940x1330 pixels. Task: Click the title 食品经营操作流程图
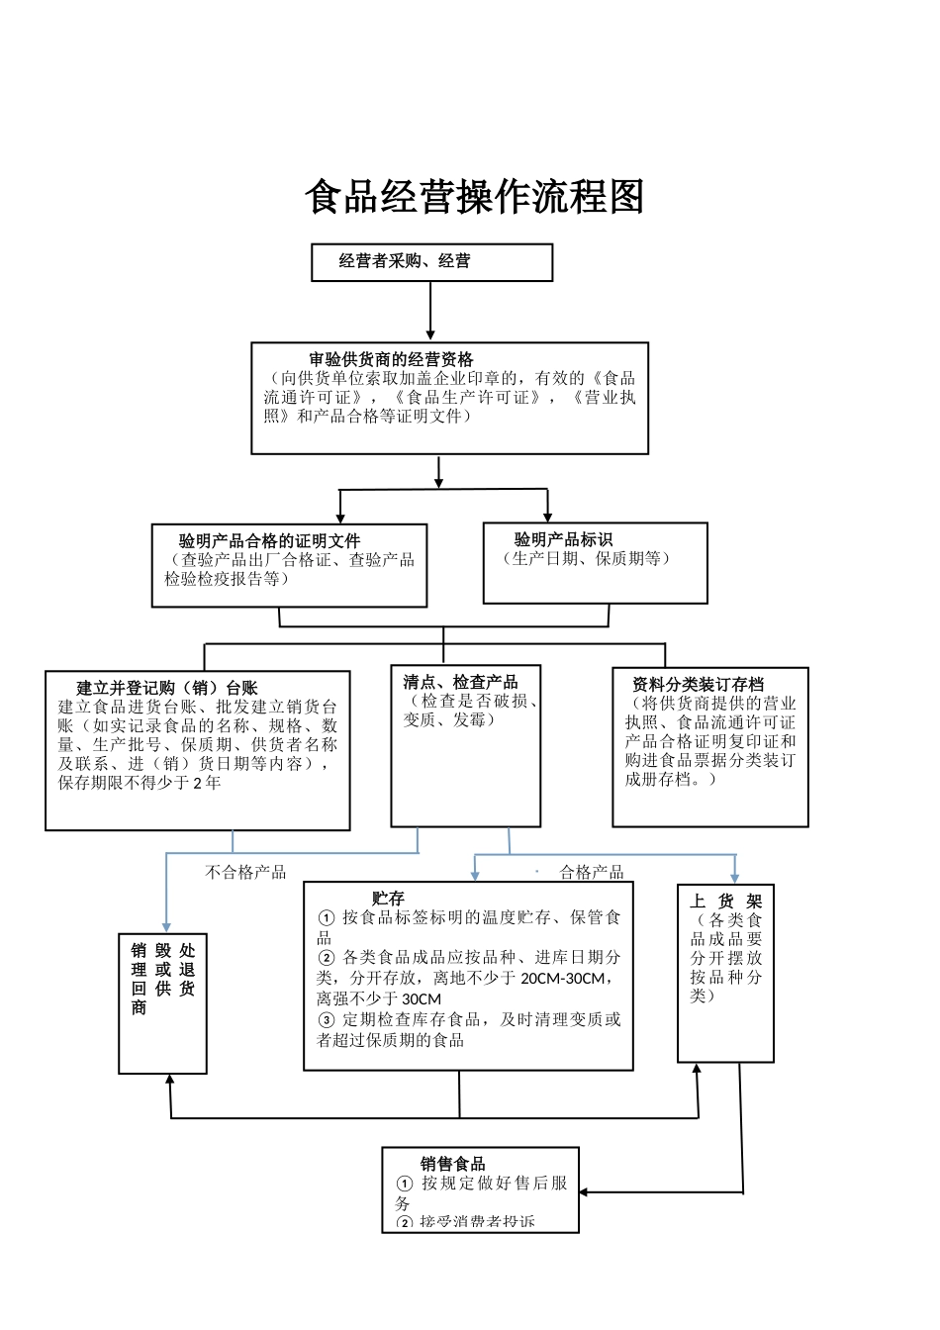(x=475, y=197)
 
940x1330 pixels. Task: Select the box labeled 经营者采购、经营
(x=431, y=262)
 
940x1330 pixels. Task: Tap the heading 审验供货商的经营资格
(x=391, y=359)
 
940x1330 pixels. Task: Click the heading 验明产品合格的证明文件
(x=269, y=541)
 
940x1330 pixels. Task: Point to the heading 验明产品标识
(x=563, y=539)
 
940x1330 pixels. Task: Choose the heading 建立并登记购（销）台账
(x=167, y=688)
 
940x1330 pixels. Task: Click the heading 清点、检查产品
(x=460, y=682)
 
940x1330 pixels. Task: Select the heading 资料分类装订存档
(x=698, y=684)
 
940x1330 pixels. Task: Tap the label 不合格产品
(x=245, y=872)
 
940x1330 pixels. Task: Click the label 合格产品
(x=592, y=872)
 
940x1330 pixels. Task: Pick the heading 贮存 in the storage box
(x=388, y=899)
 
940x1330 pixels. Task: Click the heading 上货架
(x=726, y=901)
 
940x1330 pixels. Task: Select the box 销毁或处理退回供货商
(x=163, y=1002)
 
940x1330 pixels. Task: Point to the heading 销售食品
(x=452, y=1164)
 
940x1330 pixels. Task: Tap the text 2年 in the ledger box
(x=207, y=783)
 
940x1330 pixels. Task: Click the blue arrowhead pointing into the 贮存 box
(x=475, y=875)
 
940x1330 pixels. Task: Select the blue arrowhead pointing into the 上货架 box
(x=734, y=877)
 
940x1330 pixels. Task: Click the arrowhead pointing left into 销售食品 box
(x=586, y=1192)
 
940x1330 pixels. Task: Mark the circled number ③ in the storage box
(x=326, y=1020)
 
